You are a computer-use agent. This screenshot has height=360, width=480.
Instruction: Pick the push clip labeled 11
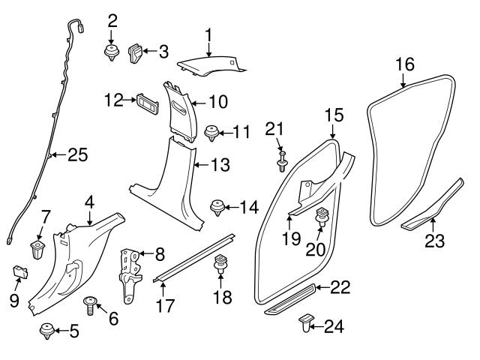211,135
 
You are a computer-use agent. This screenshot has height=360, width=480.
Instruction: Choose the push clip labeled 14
217,205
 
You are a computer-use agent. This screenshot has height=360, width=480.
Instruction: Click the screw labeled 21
283,162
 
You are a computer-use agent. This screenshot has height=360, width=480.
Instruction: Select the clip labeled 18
221,265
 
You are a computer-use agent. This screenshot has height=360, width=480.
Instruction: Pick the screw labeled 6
91,304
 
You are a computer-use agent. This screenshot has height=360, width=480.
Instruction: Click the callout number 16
404,64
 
